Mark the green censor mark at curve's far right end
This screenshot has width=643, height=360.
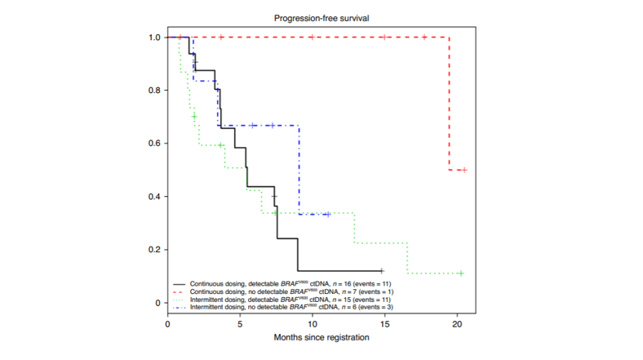pyautogui.click(x=461, y=273)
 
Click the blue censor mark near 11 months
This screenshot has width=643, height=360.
pyautogui.click(x=327, y=214)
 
